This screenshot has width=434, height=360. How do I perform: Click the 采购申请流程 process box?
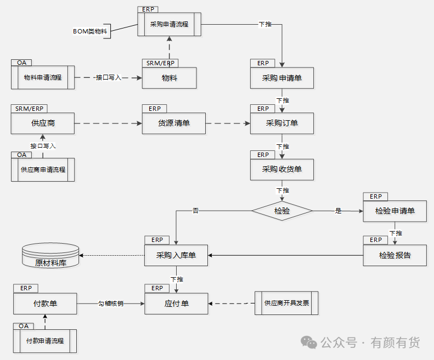pyautogui.click(x=170, y=24)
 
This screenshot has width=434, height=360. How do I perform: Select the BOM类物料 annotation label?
pyautogui.click(x=90, y=31)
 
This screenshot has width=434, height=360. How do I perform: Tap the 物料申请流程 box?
pyautogui.click(x=43, y=77)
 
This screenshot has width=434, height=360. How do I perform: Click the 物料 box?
pyautogui.click(x=170, y=78)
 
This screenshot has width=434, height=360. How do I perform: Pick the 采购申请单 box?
pyautogui.click(x=282, y=78)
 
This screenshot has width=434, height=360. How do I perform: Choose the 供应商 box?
pyautogui.click(x=43, y=123)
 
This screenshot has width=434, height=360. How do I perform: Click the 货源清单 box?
pyautogui.click(x=174, y=123)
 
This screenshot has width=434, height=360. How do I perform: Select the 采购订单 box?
pyautogui.click(x=282, y=123)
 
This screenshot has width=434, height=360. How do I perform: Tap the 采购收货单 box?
pyautogui.click(x=282, y=170)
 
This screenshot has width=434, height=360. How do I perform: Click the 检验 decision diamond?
pyautogui.click(x=282, y=211)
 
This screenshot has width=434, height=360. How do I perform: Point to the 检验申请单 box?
pyautogui.click(x=395, y=211)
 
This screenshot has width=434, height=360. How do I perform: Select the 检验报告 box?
pyautogui.click(x=395, y=255)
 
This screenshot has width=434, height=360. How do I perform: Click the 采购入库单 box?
pyautogui.click(x=176, y=255)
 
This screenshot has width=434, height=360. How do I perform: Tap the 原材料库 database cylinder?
pyautogui.click(x=50, y=255)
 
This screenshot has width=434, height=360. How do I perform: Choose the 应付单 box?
pyautogui.click(x=176, y=303)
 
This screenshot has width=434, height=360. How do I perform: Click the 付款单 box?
pyautogui.click(x=45, y=303)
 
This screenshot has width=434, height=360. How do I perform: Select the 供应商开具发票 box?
pyautogui.click(x=286, y=303)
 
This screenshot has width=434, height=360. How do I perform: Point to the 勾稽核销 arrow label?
pyautogui.click(x=111, y=304)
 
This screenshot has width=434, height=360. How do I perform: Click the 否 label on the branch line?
pyautogui.click(x=196, y=211)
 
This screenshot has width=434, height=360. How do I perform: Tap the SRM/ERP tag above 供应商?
pyautogui.click(x=29, y=109)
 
